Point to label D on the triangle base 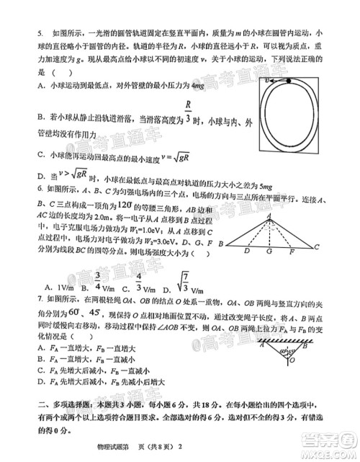(247, 252)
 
